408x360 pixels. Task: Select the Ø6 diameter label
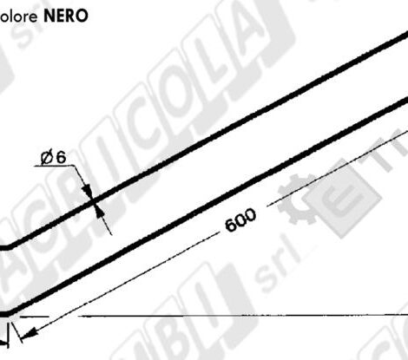click(x=53, y=157)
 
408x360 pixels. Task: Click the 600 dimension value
click(x=240, y=220)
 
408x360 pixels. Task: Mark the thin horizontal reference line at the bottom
click(x=217, y=316)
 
